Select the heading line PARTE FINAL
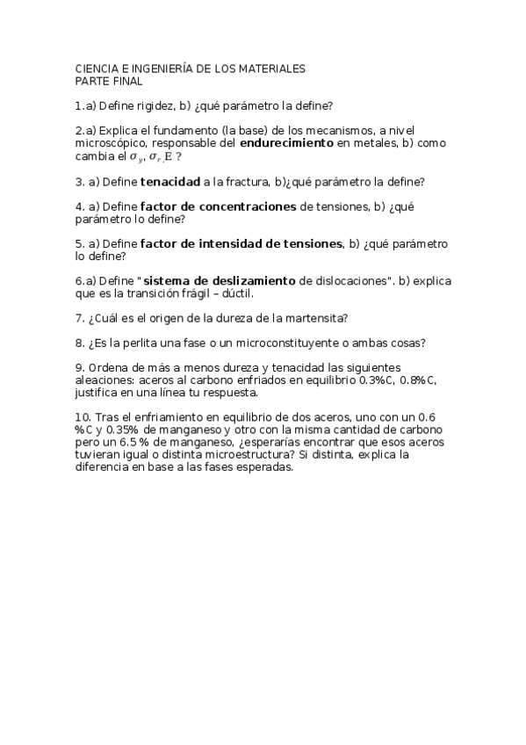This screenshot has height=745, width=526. [x=109, y=81]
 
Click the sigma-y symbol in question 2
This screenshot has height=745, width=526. [x=136, y=156]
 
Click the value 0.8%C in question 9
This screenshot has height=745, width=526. [x=416, y=380]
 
